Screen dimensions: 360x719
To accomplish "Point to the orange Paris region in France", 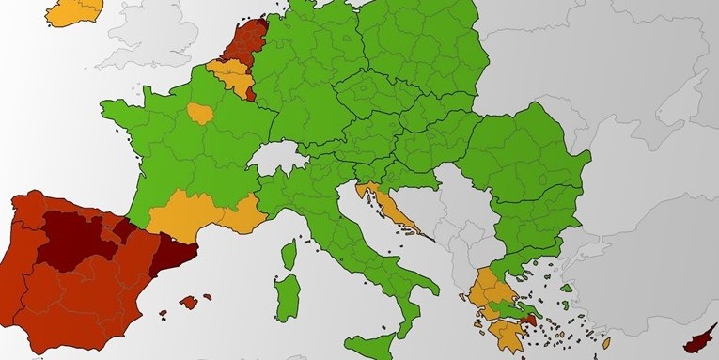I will click(x=200, y=114).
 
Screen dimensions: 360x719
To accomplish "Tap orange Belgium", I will click(x=228, y=74).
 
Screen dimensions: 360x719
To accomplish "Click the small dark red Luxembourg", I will click(x=248, y=92).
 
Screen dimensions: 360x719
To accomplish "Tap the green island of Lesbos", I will click(x=568, y=289).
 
